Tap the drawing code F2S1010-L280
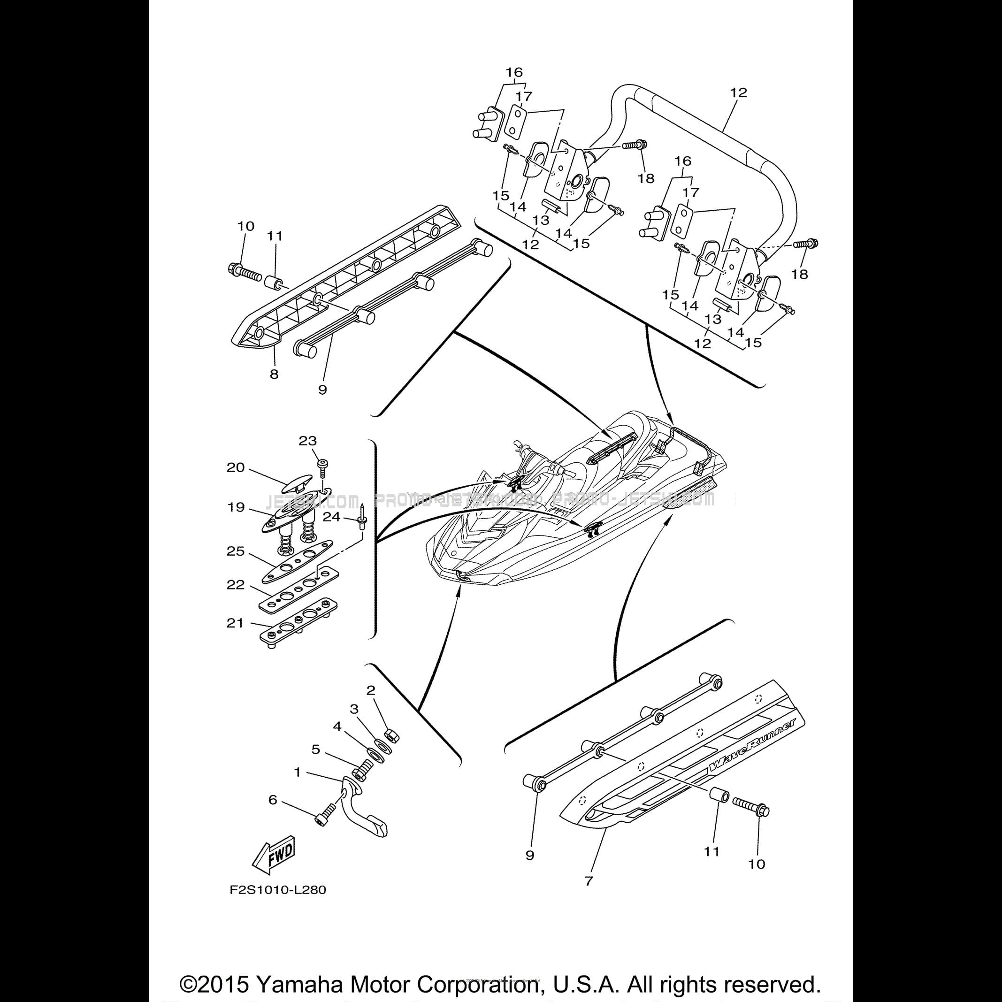278,890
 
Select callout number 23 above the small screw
307,441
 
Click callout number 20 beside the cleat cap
236,467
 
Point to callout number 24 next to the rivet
332,517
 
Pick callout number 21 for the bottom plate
235,623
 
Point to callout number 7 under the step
588,880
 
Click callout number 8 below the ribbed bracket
274,374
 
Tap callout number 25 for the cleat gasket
236,551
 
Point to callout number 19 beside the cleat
236,507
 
